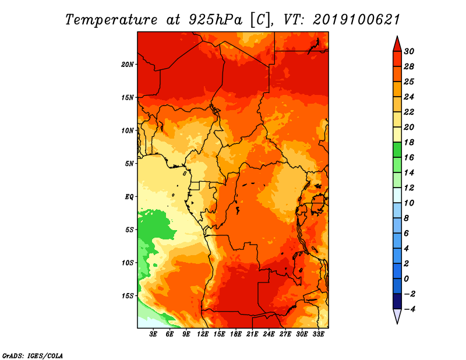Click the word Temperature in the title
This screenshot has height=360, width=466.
pyautogui.click(x=111, y=20)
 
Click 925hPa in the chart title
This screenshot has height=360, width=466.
pyautogui.click(x=216, y=20)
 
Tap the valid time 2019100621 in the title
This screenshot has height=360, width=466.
pyautogui.click(x=356, y=20)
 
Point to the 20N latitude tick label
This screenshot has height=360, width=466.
pyautogui.click(x=127, y=65)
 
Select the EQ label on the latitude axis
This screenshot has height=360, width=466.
pyautogui.click(x=129, y=197)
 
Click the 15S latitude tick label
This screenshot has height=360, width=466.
pyautogui.click(x=128, y=296)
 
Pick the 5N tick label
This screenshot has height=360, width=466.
pyautogui.click(x=129, y=164)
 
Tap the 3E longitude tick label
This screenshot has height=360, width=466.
pyautogui.click(x=153, y=334)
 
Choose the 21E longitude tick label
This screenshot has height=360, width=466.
pyautogui.click(x=252, y=334)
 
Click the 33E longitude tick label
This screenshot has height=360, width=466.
pyautogui.click(x=318, y=334)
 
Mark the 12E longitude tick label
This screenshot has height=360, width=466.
pyautogui.click(x=202, y=334)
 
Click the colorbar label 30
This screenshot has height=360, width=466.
pyautogui.click(x=409, y=51)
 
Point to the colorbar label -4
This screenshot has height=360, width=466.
pyautogui.click(x=409, y=309)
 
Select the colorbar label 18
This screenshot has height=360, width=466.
pyautogui.click(x=409, y=142)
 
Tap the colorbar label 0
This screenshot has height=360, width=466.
pyautogui.click(x=407, y=279)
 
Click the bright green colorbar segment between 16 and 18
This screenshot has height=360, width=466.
pyautogui.click(x=397, y=150)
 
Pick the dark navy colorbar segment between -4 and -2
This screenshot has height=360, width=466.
pyautogui.click(x=397, y=301)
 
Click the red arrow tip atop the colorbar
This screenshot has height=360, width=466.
pyautogui.click(x=397, y=37)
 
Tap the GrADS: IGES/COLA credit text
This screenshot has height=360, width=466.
pyautogui.click(x=33, y=355)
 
